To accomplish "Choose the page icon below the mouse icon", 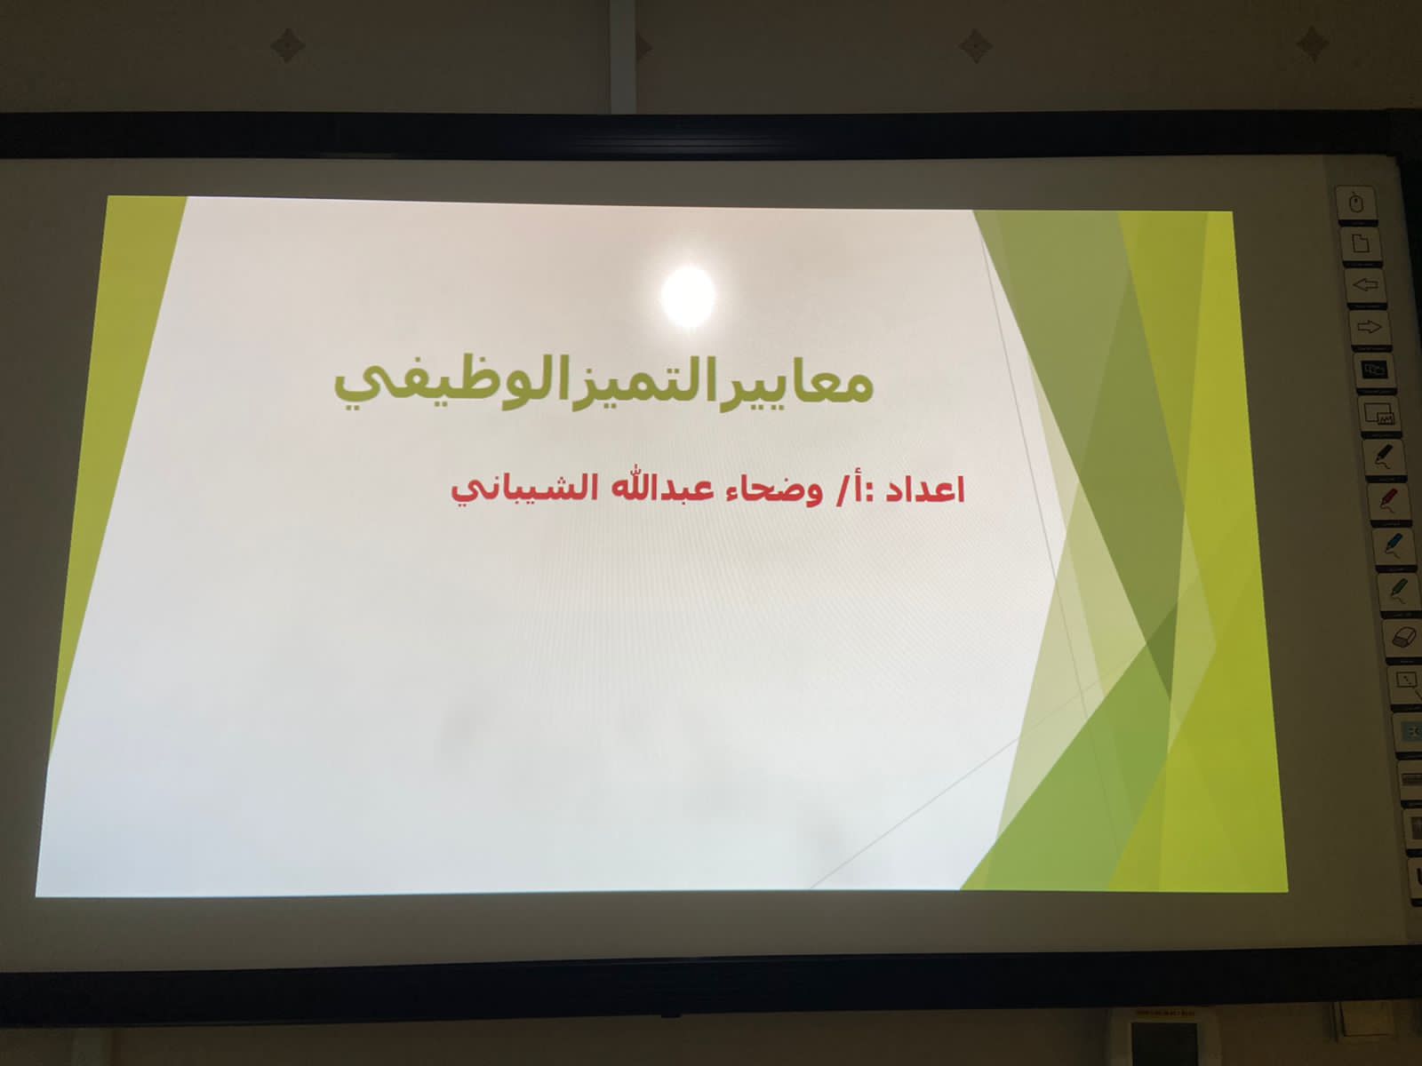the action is tap(1360, 244).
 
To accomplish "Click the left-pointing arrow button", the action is tap(1365, 285).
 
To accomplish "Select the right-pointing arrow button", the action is tap(1369, 328).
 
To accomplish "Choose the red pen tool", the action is tap(1387, 499).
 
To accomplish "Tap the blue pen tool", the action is tap(1393, 545).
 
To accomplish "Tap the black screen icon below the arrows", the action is tap(1374, 370).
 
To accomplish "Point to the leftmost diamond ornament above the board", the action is tap(287, 46).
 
